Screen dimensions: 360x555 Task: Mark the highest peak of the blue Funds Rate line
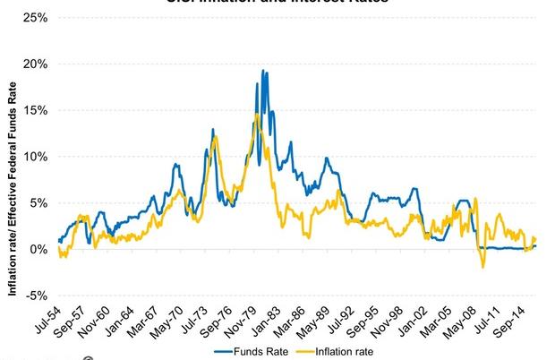click(x=262, y=71)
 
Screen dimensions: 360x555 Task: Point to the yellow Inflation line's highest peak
click(x=257, y=114)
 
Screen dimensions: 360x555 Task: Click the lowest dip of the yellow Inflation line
click(x=483, y=267)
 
